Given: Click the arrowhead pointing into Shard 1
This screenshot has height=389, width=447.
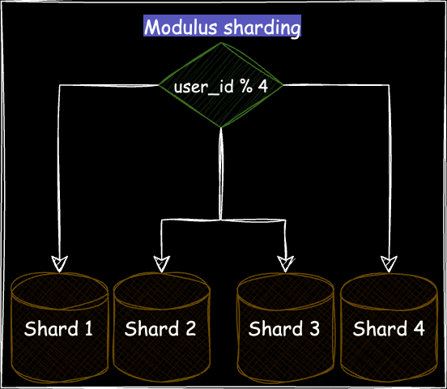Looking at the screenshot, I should coord(59,263).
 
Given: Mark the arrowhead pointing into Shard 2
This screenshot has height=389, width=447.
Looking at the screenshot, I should coord(161,263).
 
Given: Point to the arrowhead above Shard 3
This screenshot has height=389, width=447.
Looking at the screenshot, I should coord(285,263).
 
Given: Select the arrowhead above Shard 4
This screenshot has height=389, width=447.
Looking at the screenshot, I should coord(389,263).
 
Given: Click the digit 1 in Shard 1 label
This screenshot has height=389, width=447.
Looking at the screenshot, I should coord(87,329).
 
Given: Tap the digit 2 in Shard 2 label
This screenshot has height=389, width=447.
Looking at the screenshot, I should coord(189,329).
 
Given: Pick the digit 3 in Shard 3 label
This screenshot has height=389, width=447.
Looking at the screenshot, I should coord(313,329).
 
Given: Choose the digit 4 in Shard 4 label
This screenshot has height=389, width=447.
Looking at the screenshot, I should coord(418,329).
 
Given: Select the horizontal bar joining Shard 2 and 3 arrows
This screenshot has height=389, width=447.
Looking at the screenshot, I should coord(223,219).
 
